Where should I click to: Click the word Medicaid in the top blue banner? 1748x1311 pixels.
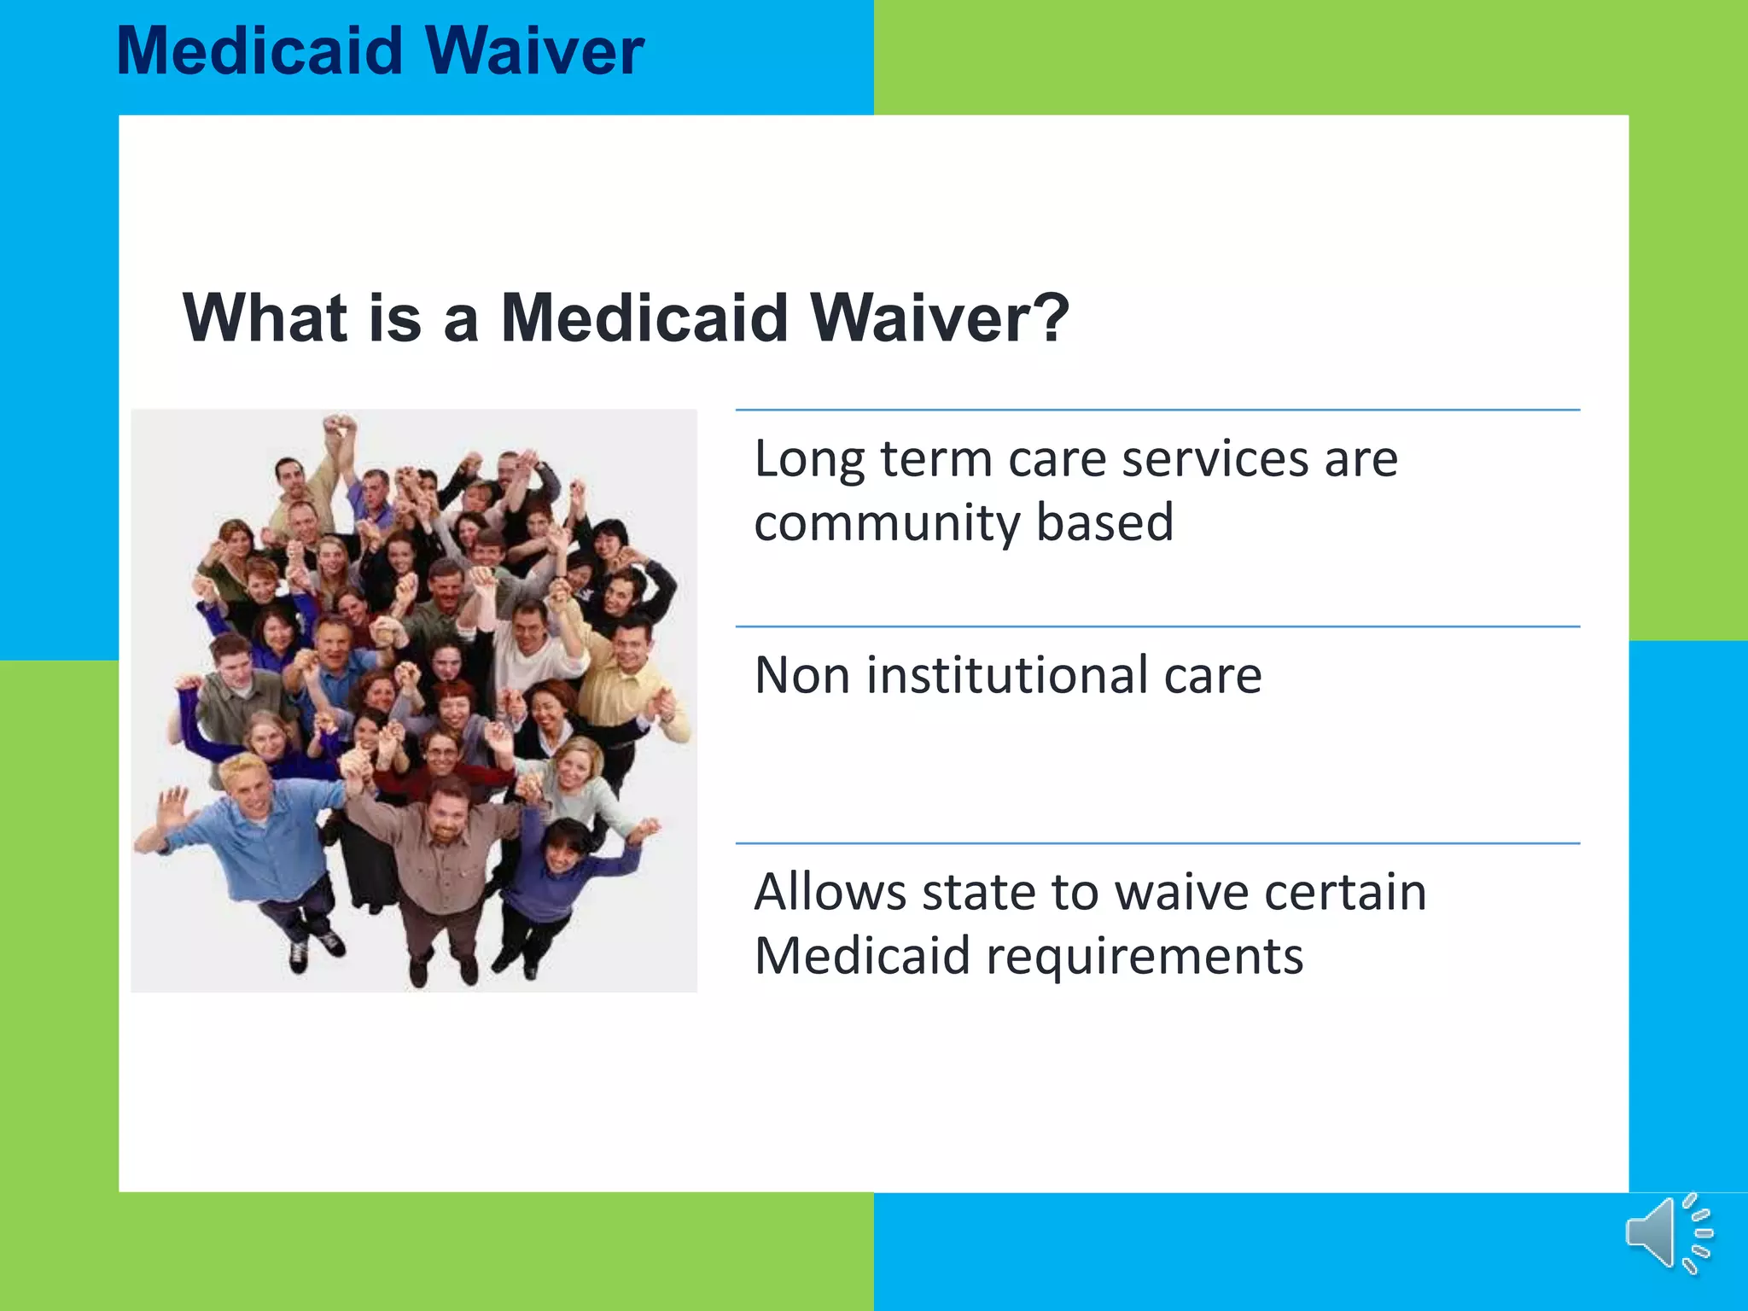259,51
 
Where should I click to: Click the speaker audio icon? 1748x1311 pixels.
1668,1234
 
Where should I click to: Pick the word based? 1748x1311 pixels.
1104,522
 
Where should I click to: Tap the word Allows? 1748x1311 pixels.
830,892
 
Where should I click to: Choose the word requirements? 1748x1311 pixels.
1144,956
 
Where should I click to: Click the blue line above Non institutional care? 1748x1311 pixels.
1157,626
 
